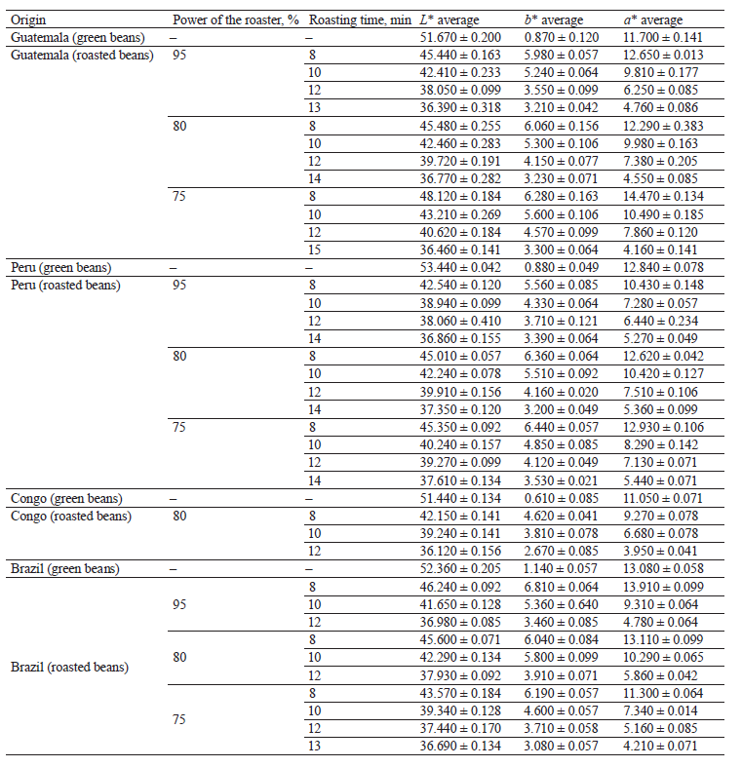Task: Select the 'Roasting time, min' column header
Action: click(x=352, y=19)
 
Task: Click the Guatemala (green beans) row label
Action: click(x=78, y=37)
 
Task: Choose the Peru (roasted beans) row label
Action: click(x=65, y=285)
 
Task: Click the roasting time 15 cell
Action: click(x=314, y=249)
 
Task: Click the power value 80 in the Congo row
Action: click(x=179, y=516)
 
